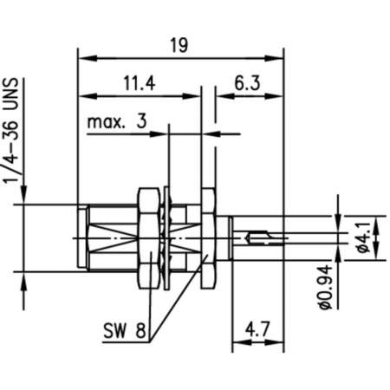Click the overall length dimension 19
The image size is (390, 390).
(x=179, y=45)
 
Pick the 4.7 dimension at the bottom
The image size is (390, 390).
(x=257, y=329)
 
